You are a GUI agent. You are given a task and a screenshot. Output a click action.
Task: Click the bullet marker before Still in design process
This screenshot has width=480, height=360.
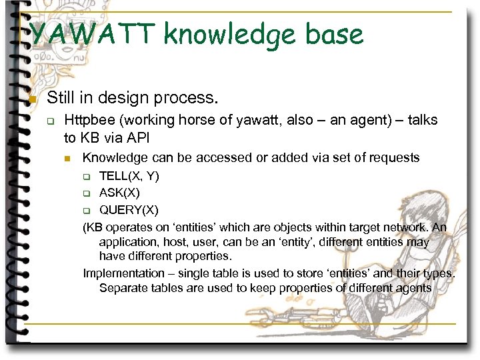point(31,99)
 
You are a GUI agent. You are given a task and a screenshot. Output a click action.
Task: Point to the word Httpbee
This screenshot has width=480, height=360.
point(89,121)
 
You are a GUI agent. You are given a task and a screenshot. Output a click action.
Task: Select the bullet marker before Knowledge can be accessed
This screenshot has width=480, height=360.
point(67,159)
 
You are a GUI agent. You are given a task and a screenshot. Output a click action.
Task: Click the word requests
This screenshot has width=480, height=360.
point(396,158)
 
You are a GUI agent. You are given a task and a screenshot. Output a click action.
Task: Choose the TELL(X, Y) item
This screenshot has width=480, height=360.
point(129,177)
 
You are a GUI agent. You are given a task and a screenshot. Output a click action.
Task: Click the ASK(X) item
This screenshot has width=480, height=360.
point(119,193)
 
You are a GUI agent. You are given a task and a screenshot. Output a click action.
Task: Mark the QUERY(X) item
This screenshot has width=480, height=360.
point(129,210)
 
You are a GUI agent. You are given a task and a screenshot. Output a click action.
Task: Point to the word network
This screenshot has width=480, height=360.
point(404,227)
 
